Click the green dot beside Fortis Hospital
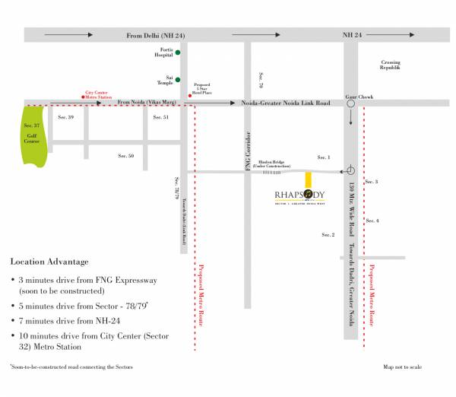pyautogui.click(x=178, y=52)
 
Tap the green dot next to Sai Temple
pyautogui.click(x=178, y=79)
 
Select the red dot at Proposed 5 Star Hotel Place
pyautogui.click(x=189, y=94)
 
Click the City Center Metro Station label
pyautogui.click(x=99, y=93)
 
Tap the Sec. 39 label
pyautogui.click(x=66, y=117)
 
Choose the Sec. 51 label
pyautogui.click(x=160, y=117)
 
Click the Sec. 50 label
pyautogui.click(x=126, y=155)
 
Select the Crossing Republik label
pyautogui.click(x=390, y=65)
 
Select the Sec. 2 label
pyautogui.click(x=328, y=234)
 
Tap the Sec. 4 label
pyautogui.click(x=372, y=221)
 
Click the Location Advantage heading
pyautogui.click(x=49, y=262)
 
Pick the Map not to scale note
pyautogui.click(x=402, y=367)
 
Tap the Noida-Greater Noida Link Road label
pyautogui.click(x=285, y=102)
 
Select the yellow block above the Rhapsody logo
pyautogui.click(x=308, y=179)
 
